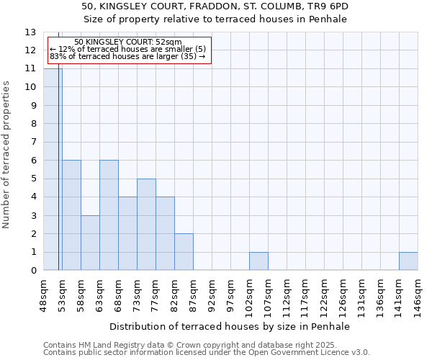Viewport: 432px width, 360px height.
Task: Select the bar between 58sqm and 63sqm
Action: [x=90, y=243]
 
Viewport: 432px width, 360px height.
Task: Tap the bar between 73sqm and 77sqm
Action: [x=146, y=224]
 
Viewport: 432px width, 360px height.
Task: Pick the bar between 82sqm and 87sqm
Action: [x=184, y=252]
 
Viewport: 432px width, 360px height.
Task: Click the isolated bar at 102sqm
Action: [x=258, y=261]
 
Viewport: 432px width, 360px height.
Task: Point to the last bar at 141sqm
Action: [x=408, y=261]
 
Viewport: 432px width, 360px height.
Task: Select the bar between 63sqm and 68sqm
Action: [x=109, y=215]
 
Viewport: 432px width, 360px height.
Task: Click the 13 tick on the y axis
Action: [x=30, y=32]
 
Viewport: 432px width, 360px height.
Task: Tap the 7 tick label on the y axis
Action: [x=32, y=143]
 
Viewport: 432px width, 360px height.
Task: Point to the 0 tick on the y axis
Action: [x=32, y=271]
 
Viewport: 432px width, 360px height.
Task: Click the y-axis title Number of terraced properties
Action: [x=7, y=155]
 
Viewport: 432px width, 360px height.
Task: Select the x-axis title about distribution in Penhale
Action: [x=230, y=326]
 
